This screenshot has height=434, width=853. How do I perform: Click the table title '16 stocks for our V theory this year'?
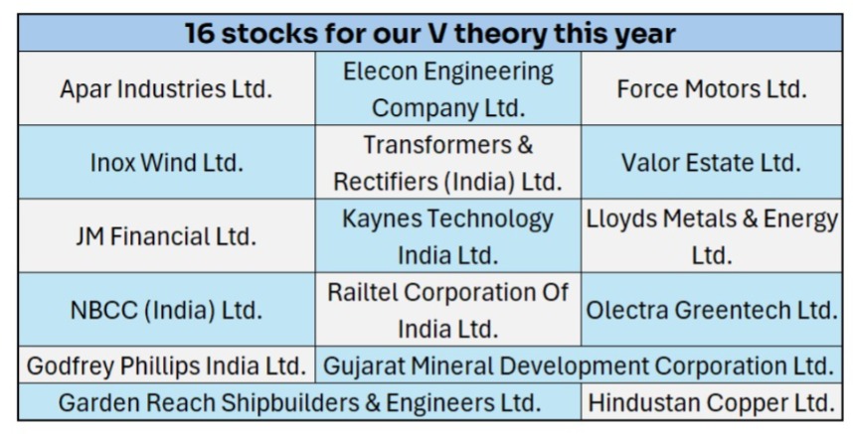[429, 33]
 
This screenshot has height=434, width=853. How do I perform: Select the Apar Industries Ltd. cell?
[166, 88]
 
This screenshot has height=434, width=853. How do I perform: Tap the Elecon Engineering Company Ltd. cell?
[448, 88]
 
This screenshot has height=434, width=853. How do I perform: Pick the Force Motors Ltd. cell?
[711, 88]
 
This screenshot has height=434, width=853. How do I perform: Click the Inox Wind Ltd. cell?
[166, 163]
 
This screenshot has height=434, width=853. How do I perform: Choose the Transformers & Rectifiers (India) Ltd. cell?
[448, 163]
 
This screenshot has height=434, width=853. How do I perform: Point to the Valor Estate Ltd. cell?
[711, 163]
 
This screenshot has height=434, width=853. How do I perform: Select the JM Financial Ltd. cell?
[166, 237]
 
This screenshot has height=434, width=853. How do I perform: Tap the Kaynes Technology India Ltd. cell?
[448, 237]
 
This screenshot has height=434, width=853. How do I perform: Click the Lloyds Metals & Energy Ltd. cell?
[711, 237]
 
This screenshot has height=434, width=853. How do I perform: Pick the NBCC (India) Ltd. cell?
[166, 310]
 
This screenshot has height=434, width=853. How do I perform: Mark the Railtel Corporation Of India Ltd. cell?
[448, 310]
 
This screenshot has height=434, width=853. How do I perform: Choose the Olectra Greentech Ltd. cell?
[711, 310]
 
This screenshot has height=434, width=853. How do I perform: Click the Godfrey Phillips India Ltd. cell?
[166, 365]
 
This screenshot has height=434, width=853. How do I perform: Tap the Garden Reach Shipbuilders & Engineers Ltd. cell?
[299, 403]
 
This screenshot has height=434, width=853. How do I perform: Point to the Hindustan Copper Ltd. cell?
[711, 403]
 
